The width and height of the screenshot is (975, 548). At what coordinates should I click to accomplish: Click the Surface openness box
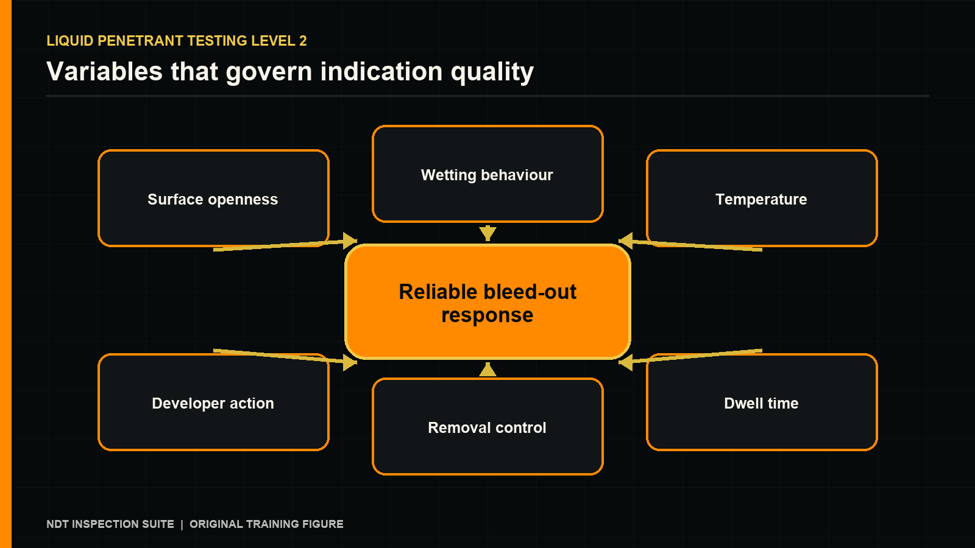[213, 198]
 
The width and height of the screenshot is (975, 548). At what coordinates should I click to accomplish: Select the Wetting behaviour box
[487, 174]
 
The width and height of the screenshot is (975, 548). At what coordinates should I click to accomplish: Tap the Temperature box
[762, 198]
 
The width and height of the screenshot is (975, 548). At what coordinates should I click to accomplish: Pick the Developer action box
[213, 402]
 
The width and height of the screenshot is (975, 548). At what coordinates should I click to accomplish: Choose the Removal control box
[487, 427]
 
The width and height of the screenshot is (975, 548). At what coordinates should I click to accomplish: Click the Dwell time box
[762, 402]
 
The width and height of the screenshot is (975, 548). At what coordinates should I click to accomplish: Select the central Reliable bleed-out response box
[487, 302]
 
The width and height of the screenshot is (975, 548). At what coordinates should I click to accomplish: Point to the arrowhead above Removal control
[487, 370]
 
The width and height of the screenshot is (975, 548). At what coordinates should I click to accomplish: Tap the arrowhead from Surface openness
[350, 241]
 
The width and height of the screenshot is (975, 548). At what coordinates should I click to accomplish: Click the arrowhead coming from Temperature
[625, 241]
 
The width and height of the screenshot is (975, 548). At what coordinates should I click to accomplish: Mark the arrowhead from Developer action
[350, 362]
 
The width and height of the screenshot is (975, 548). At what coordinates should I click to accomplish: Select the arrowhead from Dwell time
[625, 362]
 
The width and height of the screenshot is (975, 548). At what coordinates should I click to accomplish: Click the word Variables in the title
[104, 71]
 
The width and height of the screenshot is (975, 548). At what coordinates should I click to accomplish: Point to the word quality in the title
[492, 72]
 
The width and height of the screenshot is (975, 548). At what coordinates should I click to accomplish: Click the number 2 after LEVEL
[303, 41]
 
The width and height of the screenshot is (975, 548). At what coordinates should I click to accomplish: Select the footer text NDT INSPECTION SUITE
[110, 524]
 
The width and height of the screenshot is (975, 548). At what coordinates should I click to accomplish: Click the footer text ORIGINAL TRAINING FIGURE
[266, 524]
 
